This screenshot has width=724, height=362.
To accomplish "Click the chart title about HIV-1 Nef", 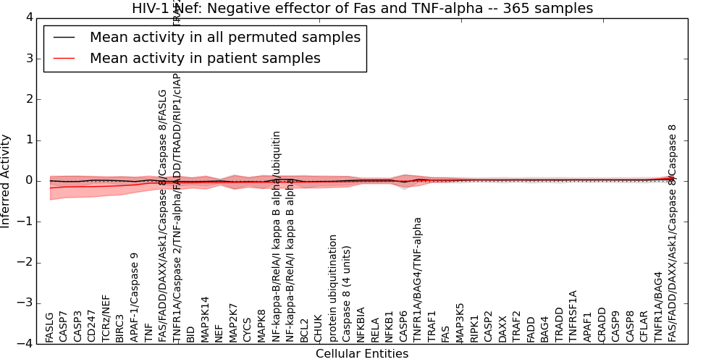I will click(362, 9).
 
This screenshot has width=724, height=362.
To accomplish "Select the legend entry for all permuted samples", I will click(224, 37).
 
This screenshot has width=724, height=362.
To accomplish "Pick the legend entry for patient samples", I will click(205, 58).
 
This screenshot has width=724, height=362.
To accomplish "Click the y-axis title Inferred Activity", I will click(7, 180).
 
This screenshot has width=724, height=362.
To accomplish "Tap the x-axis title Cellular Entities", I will click(362, 354).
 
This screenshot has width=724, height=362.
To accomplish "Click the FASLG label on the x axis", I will click(49, 327).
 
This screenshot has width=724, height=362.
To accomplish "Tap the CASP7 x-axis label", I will click(64, 327).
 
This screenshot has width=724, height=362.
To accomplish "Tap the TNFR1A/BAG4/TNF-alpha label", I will click(418, 279).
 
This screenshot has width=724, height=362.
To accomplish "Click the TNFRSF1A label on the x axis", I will click(573, 316).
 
